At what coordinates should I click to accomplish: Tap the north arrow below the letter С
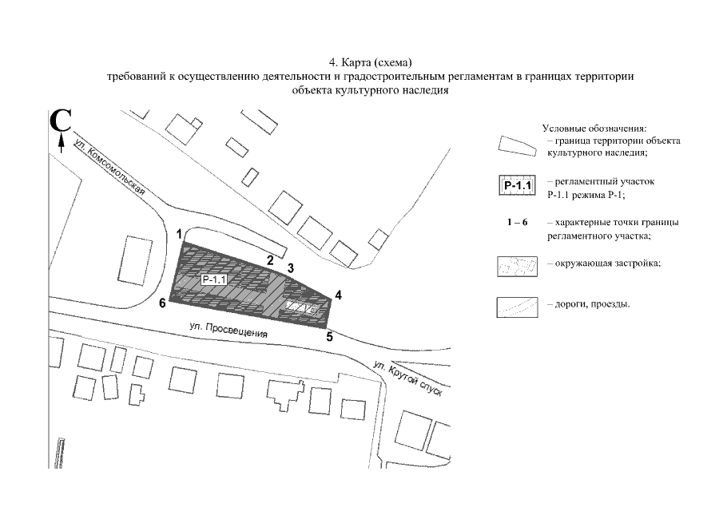pyautogui.click(x=62, y=143)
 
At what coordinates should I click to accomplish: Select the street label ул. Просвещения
pyautogui.click(x=228, y=331)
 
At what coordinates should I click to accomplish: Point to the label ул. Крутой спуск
pyautogui.click(x=407, y=383)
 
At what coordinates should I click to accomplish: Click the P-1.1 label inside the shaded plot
pyautogui.click(x=215, y=280)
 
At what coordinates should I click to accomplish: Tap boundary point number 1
pyautogui.click(x=181, y=233)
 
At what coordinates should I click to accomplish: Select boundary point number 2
pyautogui.click(x=271, y=260)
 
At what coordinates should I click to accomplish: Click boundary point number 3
pyautogui.click(x=292, y=267)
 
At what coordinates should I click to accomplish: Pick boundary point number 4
pyautogui.click(x=339, y=295)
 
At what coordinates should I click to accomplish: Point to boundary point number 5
pyautogui.click(x=329, y=336)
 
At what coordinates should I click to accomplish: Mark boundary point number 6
pyautogui.click(x=162, y=303)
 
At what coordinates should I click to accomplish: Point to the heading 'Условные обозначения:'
pyautogui.click(x=594, y=129)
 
